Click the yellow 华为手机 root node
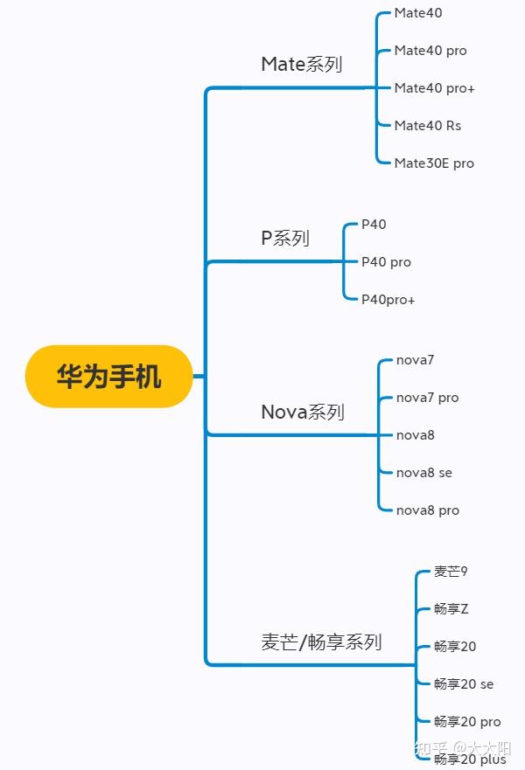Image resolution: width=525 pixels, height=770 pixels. tap(108, 377)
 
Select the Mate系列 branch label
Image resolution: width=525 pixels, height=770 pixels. tap(301, 65)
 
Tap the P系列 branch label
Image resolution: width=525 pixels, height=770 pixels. tap(285, 238)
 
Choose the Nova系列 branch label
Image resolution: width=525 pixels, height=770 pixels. tap(303, 412)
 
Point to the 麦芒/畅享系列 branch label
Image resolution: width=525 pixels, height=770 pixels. tap(321, 642)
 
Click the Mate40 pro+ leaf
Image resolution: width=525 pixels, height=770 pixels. tap(434, 88)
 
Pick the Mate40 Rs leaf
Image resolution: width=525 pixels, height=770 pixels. tap(427, 126)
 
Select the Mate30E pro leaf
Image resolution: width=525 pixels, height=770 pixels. tap(434, 163)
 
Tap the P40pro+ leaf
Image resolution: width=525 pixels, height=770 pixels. tap(388, 300)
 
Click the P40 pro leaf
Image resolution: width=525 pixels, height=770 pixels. tap(386, 262)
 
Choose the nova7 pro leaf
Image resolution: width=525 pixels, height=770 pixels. tap(427, 398)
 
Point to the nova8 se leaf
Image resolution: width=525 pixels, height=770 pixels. tap(423, 473)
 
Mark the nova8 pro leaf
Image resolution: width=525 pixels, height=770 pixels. tap(427, 510)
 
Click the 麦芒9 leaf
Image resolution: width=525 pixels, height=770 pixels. tap(451, 572)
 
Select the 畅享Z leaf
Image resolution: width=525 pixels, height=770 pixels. tap(451, 609)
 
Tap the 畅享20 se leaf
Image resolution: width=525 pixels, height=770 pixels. tap(464, 684)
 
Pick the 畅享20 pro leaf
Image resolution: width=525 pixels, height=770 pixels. tap(467, 722)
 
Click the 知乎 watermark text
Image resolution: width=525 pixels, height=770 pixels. tap(431, 749)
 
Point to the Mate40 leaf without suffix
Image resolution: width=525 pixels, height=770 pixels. tap(418, 13)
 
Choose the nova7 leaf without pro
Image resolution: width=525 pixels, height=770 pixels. tap(415, 360)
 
